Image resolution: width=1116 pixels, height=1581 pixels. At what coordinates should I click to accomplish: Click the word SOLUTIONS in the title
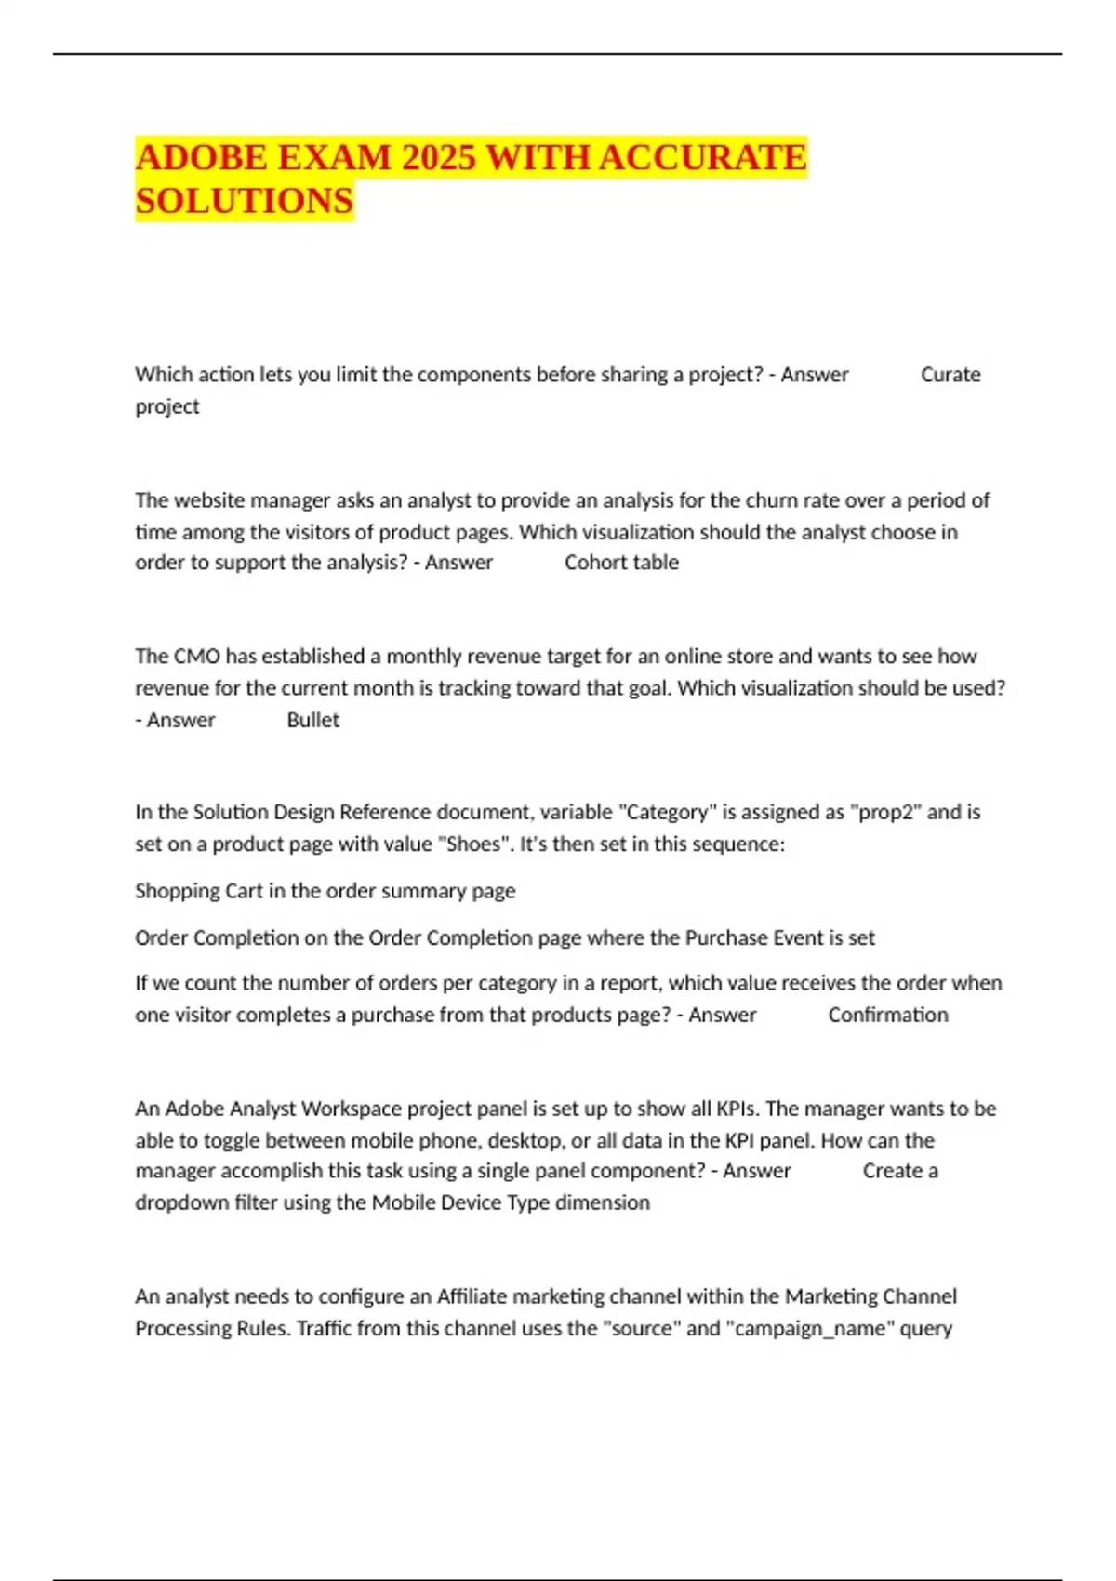(245, 201)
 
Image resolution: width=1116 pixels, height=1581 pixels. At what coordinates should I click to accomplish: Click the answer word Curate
(950, 375)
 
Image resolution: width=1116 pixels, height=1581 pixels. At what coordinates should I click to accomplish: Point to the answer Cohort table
(621, 563)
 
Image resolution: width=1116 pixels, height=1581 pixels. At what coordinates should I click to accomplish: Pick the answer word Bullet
(312, 720)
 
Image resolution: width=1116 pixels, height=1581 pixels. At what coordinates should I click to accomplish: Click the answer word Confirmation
(888, 1015)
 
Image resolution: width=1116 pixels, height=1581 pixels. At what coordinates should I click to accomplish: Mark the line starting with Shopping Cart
(325, 891)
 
